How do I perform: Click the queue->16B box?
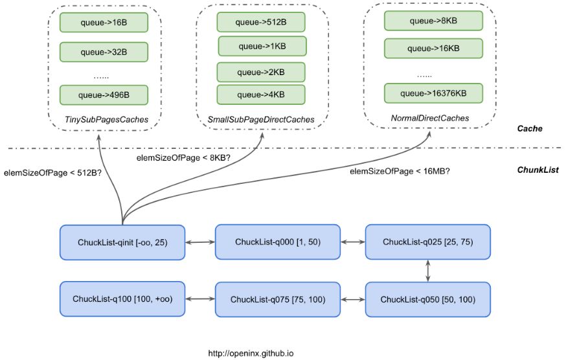pyautogui.click(x=104, y=23)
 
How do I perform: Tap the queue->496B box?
pyautogui.click(x=104, y=95)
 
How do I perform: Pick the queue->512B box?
pyautogui.click(x=260, y=22)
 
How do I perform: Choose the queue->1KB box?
pyautogui.click(x=262, y=46)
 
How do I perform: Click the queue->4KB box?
pyautogui.click(x=260, y=95)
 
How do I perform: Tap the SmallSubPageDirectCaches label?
pyautogui.click(x=261, y=120)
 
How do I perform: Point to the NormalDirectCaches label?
pyautogui.click(x=429, y=118)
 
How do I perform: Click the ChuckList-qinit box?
pyautogui.click(x=122, y=242)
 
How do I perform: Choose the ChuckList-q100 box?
pyautogui.click(x=122, y=299)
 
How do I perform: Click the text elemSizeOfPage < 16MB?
pyautogui.click(x=400, y=172)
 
